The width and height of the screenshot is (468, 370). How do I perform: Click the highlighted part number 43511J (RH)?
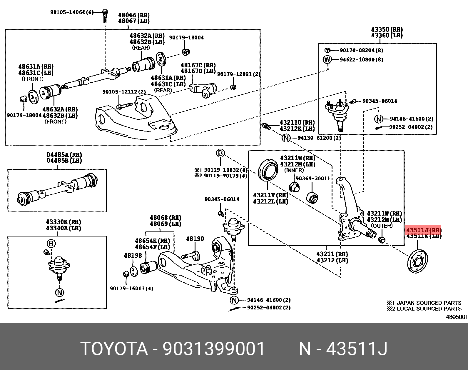[x=423, y=230]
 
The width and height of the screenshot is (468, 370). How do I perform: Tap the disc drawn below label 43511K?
[x=417, y=261]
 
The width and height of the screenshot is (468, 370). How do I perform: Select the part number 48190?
[x=195, y=239]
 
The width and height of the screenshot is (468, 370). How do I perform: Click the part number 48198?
[x=133, y=256]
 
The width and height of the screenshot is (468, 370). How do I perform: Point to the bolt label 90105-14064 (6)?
[x=72, y=12]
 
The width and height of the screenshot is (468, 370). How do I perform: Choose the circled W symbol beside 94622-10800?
[x=327, y=59]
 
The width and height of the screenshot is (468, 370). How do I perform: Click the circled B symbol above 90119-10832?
[x=220, y=153]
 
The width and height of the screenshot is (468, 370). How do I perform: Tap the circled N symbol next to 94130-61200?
[x=286, y=138]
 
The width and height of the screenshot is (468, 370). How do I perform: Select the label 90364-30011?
[x=313, y=178]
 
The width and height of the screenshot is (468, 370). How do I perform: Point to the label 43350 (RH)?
[x=387, y=29]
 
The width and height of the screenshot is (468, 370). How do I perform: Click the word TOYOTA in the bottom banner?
[x=114, y=349]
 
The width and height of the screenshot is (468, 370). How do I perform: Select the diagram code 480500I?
[x=456, y=317]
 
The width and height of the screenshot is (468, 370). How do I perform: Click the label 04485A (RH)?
[x=64, y=155]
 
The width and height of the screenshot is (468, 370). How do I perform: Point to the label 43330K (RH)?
[x=63, y=222]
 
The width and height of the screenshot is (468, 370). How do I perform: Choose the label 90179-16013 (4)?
[x=131, y=289]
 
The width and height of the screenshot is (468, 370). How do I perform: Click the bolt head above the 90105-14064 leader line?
[x=105, y=12]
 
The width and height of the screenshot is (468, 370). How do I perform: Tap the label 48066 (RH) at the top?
[x=134, y=15]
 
